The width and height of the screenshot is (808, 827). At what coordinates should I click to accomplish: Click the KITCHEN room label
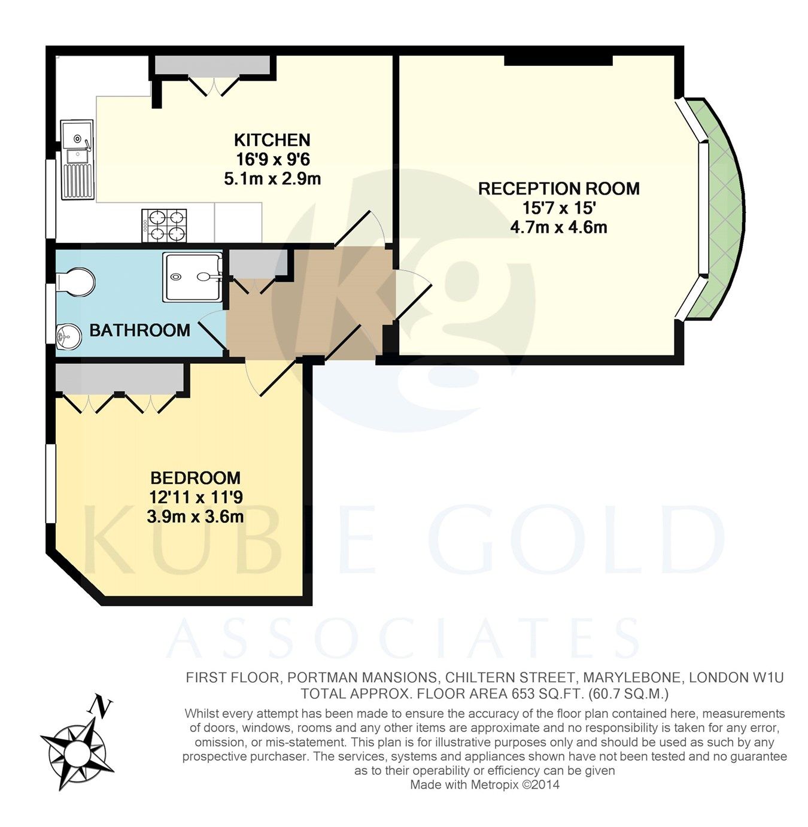[x=272, y=140]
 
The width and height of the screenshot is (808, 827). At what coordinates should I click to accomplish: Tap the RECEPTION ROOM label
[x=558, y=188]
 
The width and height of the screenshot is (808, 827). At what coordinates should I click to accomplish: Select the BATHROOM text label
[x=139, y=330]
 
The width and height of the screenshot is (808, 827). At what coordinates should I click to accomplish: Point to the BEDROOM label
[x=195, y=478]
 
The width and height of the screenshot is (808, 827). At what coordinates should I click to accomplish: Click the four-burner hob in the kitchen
[x=164, y=226]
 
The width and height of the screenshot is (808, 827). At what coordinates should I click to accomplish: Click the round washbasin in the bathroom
[x=68, y=337]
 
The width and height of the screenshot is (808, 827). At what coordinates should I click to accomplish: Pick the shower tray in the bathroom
[x=192, y=276]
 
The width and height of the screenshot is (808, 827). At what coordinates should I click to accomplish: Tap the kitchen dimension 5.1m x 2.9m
[x=272, y=178]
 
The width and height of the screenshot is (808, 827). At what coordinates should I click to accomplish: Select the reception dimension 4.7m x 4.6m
[x=558, y=227]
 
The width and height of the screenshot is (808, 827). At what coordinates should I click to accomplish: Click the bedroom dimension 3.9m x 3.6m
[x=195, y=516]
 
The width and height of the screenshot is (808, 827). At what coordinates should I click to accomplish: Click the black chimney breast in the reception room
[x=558, y=59]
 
